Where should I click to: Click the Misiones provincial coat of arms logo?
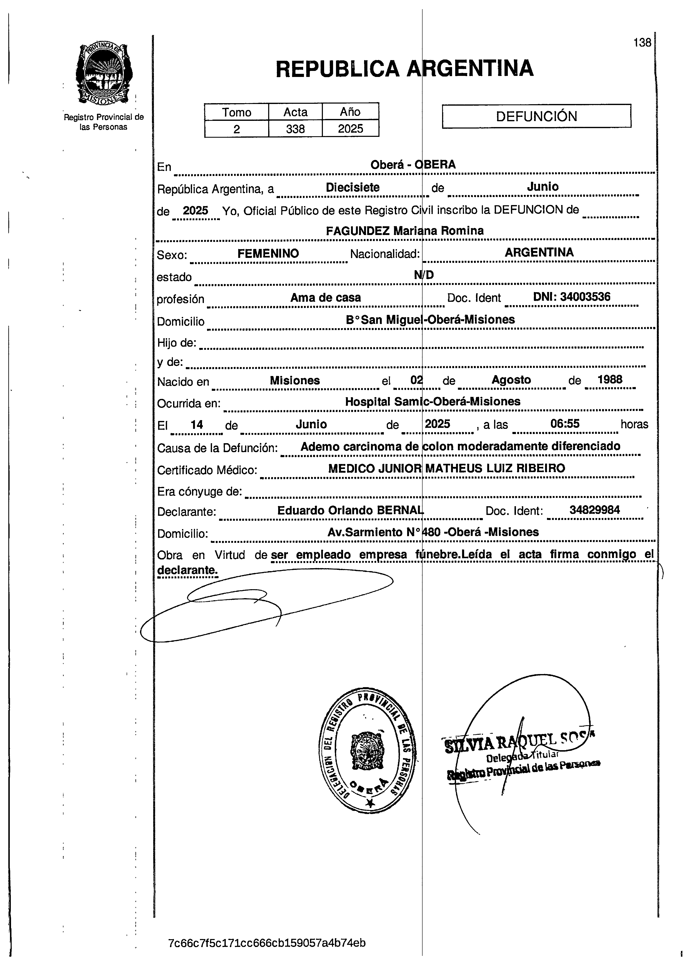[104, 74]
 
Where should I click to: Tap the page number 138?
[642, 43]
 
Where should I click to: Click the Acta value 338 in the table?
[295, 129]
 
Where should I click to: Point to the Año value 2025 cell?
[350, 129]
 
